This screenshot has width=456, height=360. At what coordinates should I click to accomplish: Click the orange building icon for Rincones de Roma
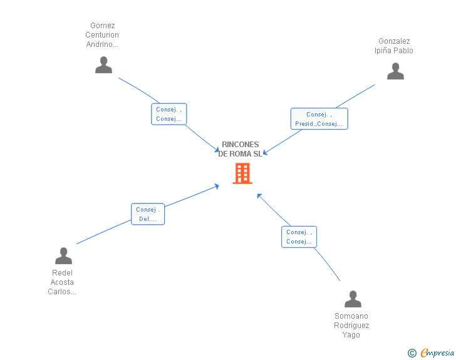pos(242,173)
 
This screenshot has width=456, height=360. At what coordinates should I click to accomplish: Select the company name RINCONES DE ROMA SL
pos(241,149)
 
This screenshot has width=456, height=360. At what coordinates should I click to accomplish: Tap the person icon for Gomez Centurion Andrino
pos(103,65)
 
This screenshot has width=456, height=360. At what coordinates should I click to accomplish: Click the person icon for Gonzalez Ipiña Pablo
pos(395,71)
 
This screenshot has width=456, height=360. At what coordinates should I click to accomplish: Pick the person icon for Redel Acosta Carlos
pos(63,255)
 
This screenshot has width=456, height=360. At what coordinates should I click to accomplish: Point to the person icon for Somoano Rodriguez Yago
pos(353,299)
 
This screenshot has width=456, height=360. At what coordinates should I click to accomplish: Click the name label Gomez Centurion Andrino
pos(102,35)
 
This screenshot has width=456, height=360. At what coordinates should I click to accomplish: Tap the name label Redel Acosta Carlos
pos(62,282)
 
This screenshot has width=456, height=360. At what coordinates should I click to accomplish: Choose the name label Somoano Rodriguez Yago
pos(351,326)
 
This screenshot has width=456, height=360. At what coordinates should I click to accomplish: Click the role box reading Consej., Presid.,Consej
pos(319,119)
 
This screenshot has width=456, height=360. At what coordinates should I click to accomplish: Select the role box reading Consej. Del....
pos(148,214)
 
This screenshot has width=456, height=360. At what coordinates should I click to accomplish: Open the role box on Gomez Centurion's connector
pos(169,114)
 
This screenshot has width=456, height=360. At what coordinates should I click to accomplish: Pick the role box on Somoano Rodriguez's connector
pos(299,237)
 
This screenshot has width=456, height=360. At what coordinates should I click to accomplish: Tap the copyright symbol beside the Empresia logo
pos(412,353)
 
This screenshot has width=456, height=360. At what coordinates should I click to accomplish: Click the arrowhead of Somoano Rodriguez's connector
pos(259,195)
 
